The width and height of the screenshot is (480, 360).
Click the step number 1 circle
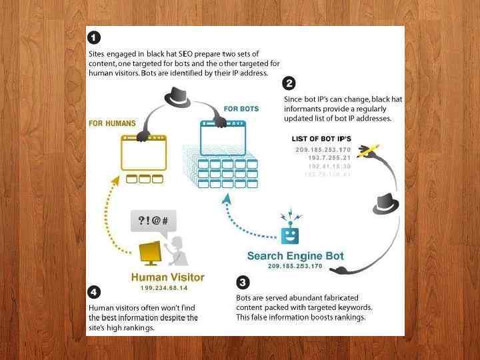[95, 37]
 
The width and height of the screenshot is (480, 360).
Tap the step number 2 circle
[289, 83]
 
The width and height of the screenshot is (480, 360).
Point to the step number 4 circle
[95, 292]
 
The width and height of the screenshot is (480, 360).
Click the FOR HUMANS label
[112, 123]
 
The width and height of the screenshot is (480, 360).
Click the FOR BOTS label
[241, 109]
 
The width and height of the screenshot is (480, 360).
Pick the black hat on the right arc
[386, 203]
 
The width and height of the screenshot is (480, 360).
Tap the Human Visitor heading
[167, 277]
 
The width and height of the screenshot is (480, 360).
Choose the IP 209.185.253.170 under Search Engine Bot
[295, 266]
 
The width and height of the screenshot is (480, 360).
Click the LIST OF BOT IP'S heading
[321, 139]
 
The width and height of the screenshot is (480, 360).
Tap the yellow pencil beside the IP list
[368, 150]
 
